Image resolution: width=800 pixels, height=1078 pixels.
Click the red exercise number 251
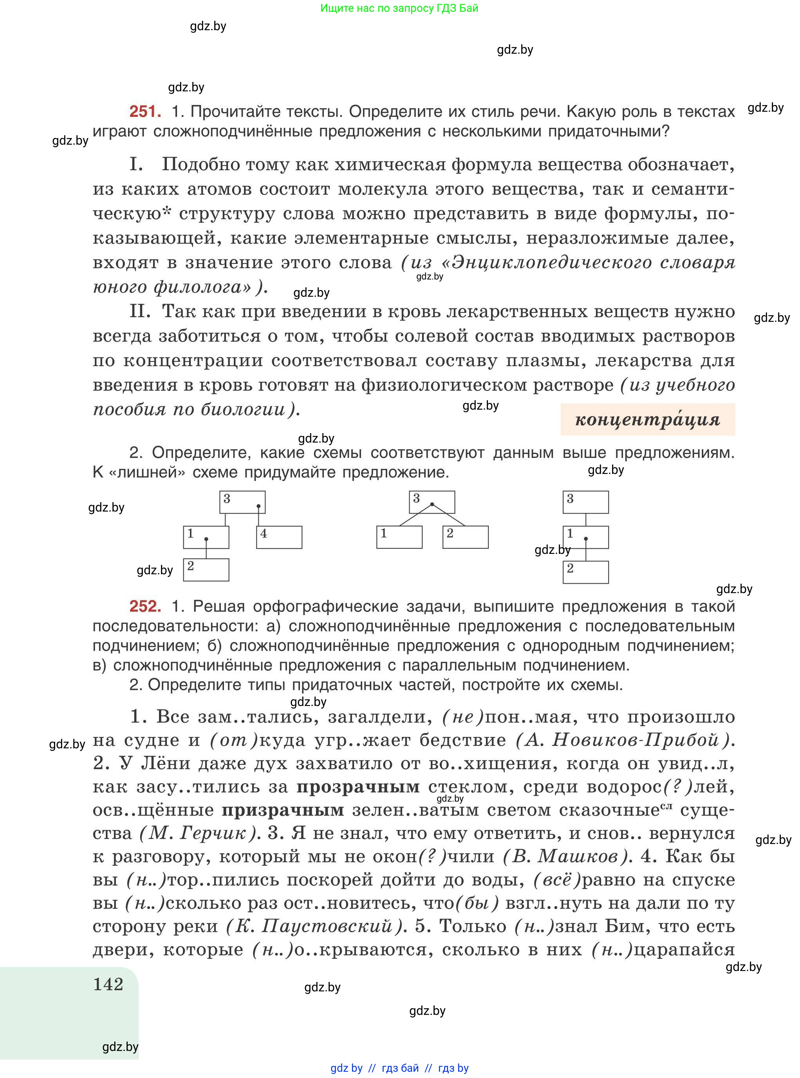point(145,112)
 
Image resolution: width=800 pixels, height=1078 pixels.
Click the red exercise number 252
point(145,606)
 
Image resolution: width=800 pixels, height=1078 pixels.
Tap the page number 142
point(108,984)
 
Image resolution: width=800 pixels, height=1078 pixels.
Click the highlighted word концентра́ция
point(647,419)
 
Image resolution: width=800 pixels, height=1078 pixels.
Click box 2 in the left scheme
point(206,570)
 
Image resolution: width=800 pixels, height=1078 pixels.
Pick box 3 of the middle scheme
point(432,502)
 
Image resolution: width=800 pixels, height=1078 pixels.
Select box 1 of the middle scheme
point(399,537)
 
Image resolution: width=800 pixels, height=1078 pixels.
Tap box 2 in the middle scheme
point(465,537)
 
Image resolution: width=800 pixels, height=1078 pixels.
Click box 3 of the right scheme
point(585,502)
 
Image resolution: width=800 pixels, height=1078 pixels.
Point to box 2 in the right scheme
point(585,572)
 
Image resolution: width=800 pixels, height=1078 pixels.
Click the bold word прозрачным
point(358,787)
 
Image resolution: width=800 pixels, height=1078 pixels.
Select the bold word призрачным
point(283,810)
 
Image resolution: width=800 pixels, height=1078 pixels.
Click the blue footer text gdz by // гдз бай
point(399,1068)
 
